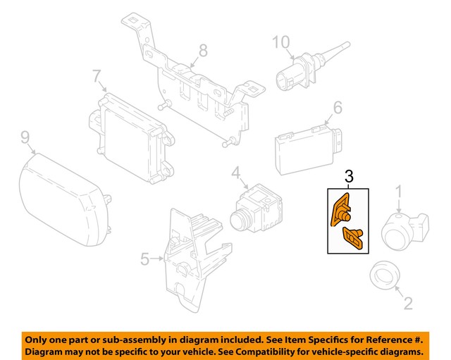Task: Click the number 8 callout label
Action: (x=203, y=50)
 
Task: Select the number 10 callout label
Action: (x=281, y=43)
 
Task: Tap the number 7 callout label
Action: (x=97, y=75)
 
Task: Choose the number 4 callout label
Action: (x=235, y=171)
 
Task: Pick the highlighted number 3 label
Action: (x=348, y=176)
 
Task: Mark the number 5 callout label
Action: (x=144, y=259)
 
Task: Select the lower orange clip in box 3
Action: (x=352, y=237)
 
